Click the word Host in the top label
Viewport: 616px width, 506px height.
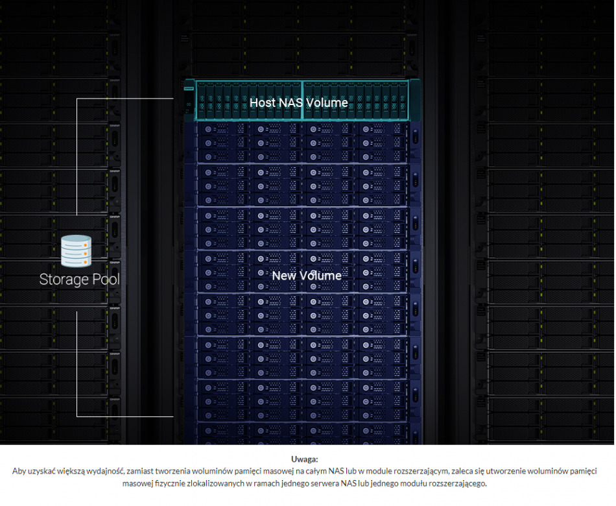coord(262,102)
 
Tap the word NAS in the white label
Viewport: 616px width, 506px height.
coord(290,102)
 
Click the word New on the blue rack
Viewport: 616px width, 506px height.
coord(284,276)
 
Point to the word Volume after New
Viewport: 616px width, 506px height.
coord(320,276)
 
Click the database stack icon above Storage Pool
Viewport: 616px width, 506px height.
coord(77,251)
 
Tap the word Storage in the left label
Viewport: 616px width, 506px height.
coord(63,280)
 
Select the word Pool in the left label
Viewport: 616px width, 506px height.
coord(105,280)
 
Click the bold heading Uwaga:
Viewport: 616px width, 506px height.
coord(305,459)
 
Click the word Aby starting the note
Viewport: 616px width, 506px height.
coord(19,472)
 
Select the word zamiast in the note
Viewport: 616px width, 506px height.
coord(139,472)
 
